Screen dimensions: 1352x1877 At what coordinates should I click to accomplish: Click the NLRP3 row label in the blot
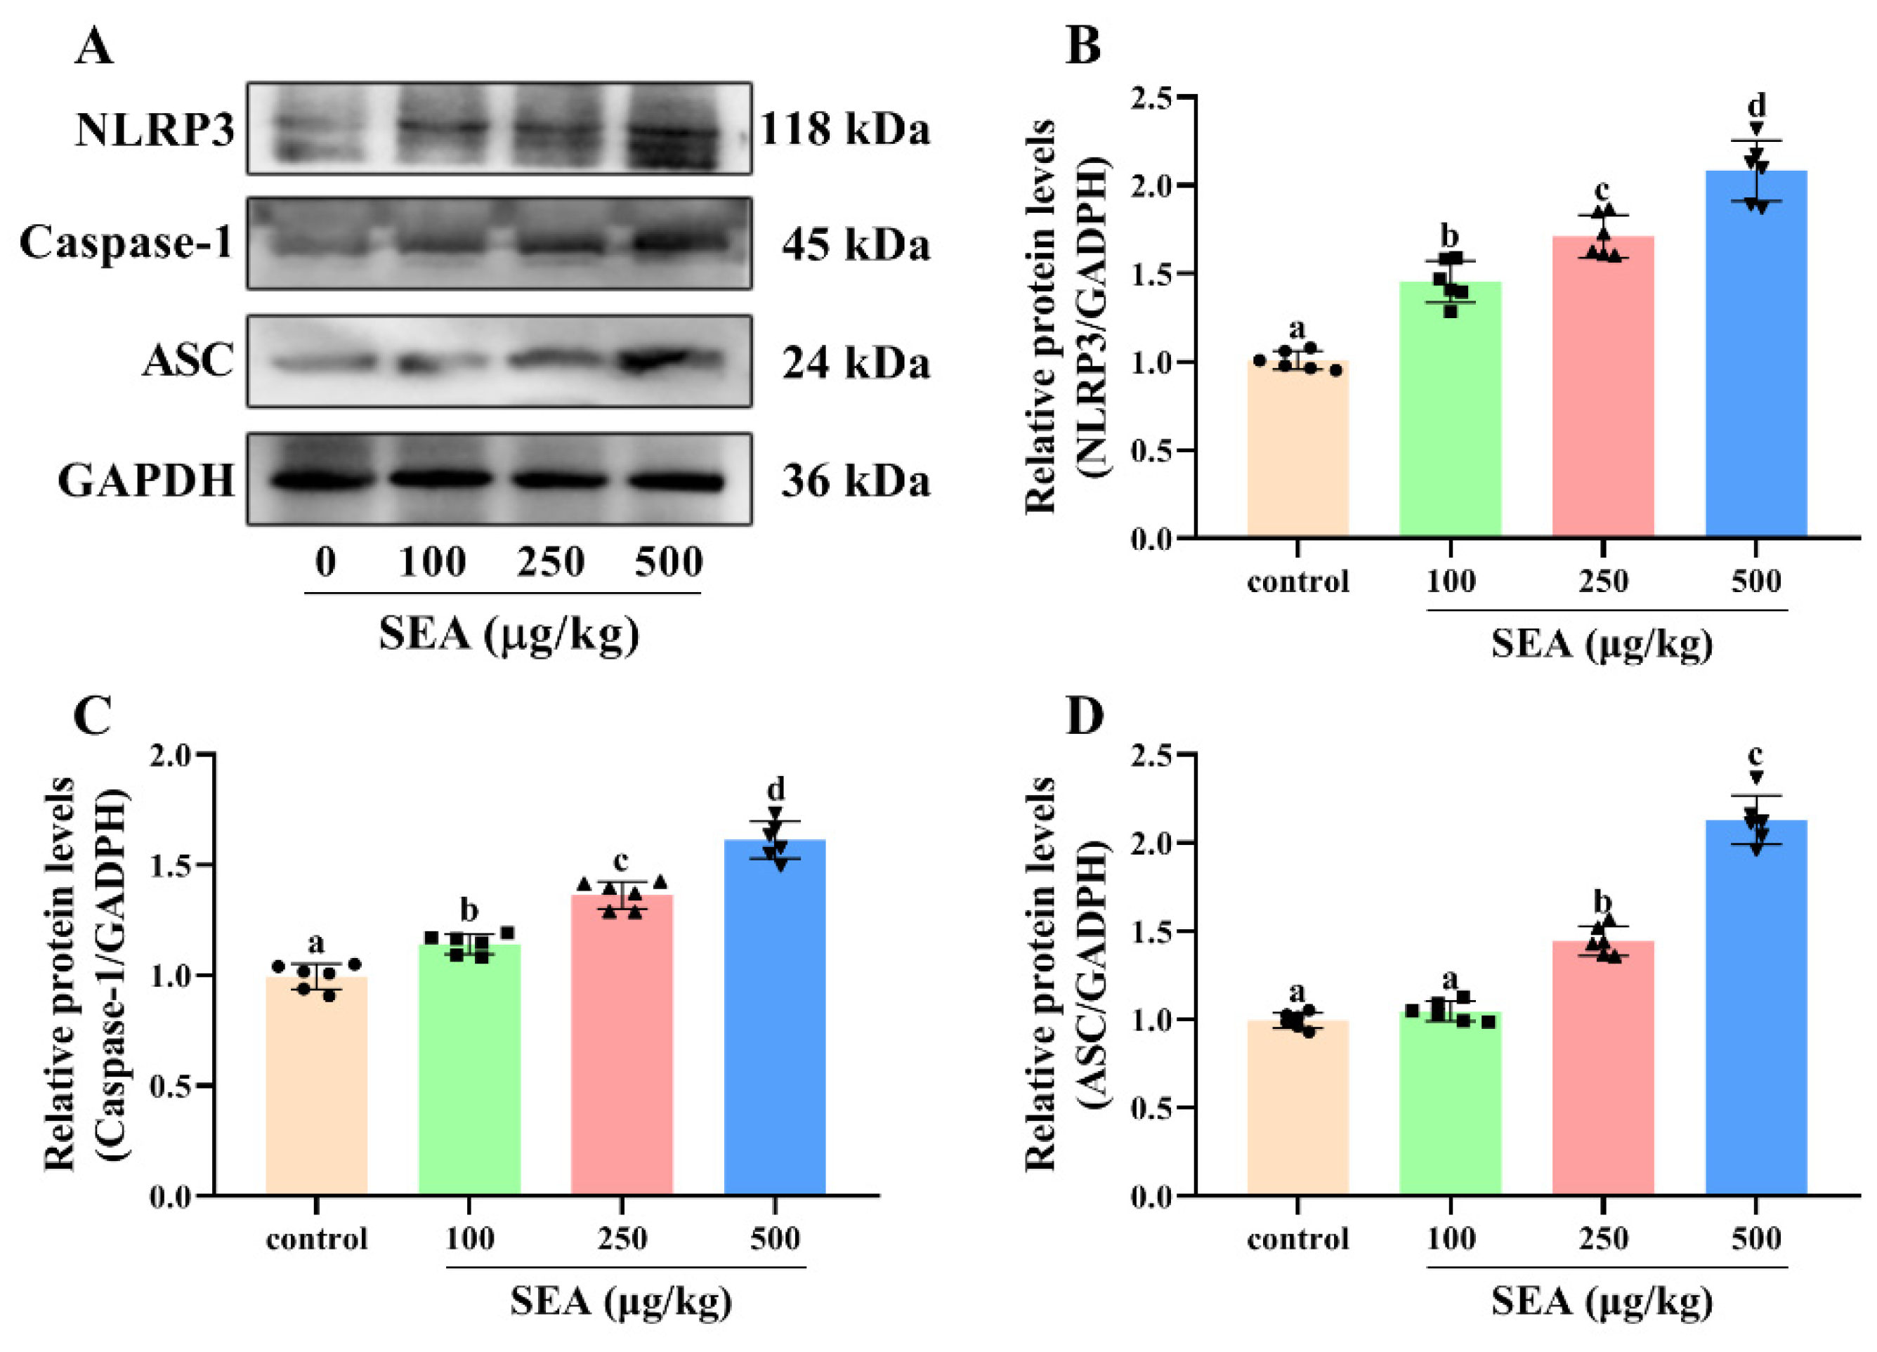pyautogui.click(x=155, y=130)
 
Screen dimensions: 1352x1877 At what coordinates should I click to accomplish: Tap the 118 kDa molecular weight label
pyautogui.click(x=844, y=130)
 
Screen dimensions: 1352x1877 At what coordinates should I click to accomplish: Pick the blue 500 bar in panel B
pyautogui.click(x=1755, y=356)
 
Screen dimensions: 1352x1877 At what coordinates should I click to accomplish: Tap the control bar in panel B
pyautogui.click(x=1297, y=451)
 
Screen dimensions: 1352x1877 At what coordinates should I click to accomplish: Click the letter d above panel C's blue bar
pyautogui.click(x=776, y=789)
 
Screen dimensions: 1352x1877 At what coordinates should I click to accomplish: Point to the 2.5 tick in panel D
pyautogui.click(x=1151, y=754)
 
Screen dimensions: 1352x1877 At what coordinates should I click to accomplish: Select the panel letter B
pyautogui.click(x=1083, y=47)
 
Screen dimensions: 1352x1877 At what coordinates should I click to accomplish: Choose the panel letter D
pyautogui.click(x=1084, y=717)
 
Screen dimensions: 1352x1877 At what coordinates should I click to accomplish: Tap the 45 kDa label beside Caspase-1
pyautogui.click(x=855, y=245)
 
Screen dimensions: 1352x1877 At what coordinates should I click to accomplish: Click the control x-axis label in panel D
pyautogui.click(x=1297, y=1239)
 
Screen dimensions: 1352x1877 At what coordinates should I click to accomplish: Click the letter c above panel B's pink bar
pyautogui.click(x=1602, y=191)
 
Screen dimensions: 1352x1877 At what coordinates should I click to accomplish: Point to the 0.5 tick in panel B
pyautogui.click(x=1151, y=451)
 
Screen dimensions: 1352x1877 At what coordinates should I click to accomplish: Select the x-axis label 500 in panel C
pyautogui.click(x=775, y=1239)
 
